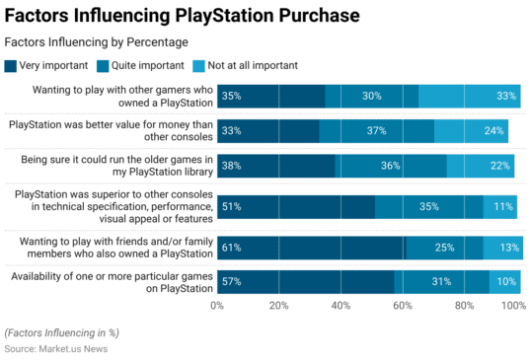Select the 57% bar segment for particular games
click(x=305, y=282)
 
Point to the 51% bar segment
click(x=295, y=206)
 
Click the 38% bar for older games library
click(x=275, y=166)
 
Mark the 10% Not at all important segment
click(x=503, y=282)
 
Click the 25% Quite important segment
click(x=444, y=247)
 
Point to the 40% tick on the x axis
click(x=341, y=307)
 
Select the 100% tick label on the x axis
click(x=513, y=307)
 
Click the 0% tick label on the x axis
click(x=217, y=307)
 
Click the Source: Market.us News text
click(x=56, y=348)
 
